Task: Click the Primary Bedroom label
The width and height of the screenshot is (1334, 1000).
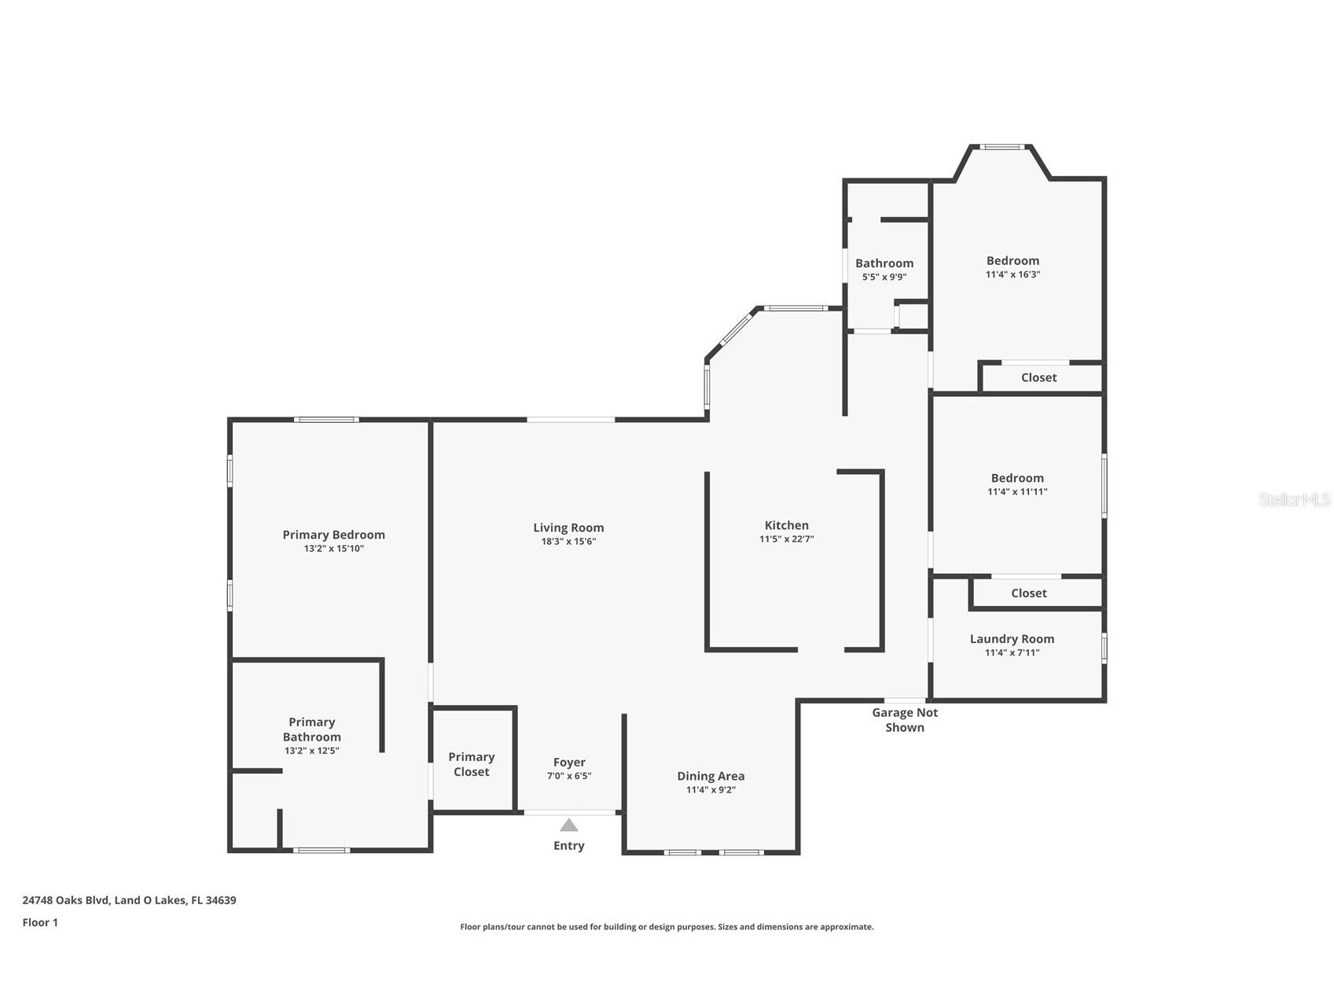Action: click(x=333, y=535)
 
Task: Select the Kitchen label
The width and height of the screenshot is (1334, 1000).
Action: click(x=786, y=525)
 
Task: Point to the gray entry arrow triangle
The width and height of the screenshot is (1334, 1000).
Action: click(x=568, y=825)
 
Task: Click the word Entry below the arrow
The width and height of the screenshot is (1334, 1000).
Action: click(x=568, y=845)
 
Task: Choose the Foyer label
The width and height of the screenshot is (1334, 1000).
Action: click(x=568, y=762)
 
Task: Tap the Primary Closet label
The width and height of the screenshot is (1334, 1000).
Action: click(x=471, y=764)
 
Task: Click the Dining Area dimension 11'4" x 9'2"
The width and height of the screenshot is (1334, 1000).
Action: click(x=710, y=790)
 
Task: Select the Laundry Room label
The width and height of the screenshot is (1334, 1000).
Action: click(x=1012, y=638)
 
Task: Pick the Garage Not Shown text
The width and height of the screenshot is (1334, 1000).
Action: click(x=905, y=719)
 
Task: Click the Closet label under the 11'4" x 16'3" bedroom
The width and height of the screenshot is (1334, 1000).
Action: click(x=1038, y=377)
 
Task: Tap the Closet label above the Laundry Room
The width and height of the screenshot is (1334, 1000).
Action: click(x=1028, y=593)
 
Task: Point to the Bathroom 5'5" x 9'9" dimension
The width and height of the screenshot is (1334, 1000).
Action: click(x=884, y=277)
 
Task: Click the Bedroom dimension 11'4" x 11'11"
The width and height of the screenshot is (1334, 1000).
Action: click(x=1017, y=491)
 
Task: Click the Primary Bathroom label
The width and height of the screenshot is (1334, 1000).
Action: click(x=311, y=729)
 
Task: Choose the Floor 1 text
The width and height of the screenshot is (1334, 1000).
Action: click(x=40, y=922)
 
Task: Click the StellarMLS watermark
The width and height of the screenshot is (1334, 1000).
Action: click(x=1294, y=499)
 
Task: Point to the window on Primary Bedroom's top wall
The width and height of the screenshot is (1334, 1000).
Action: click(x=326, y=419)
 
